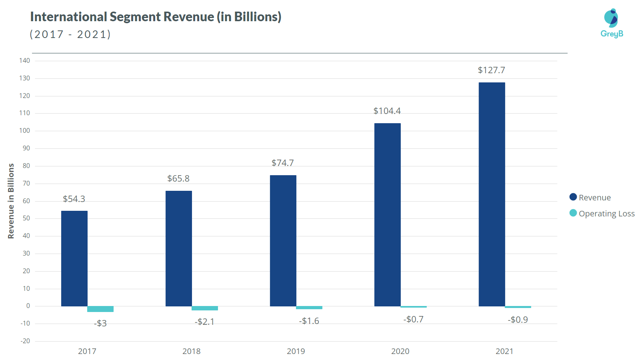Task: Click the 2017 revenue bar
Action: [74, 258]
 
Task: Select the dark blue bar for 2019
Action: [283, 240]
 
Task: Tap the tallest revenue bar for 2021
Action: [492, 194]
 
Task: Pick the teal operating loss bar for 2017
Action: [100, 309]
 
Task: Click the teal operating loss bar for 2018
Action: [205, 308]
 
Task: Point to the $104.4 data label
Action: [387, 111]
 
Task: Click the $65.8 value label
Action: [178, 178]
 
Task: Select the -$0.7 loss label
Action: [413, 319]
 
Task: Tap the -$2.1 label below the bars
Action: [204, 322]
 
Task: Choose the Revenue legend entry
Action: [590, 197]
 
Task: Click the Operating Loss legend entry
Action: [602, 213]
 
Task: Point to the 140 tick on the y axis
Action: [24, 60]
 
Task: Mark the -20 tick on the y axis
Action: [25, 341]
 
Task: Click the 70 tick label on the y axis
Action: [26, 183]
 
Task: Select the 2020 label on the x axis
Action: [400, 351]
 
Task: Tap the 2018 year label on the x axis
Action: [191, 351]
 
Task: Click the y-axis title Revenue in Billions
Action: [11, 201]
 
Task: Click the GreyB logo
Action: [612, 23]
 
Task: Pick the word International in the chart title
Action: [68, 17]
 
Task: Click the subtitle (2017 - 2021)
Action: [70, 34]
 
